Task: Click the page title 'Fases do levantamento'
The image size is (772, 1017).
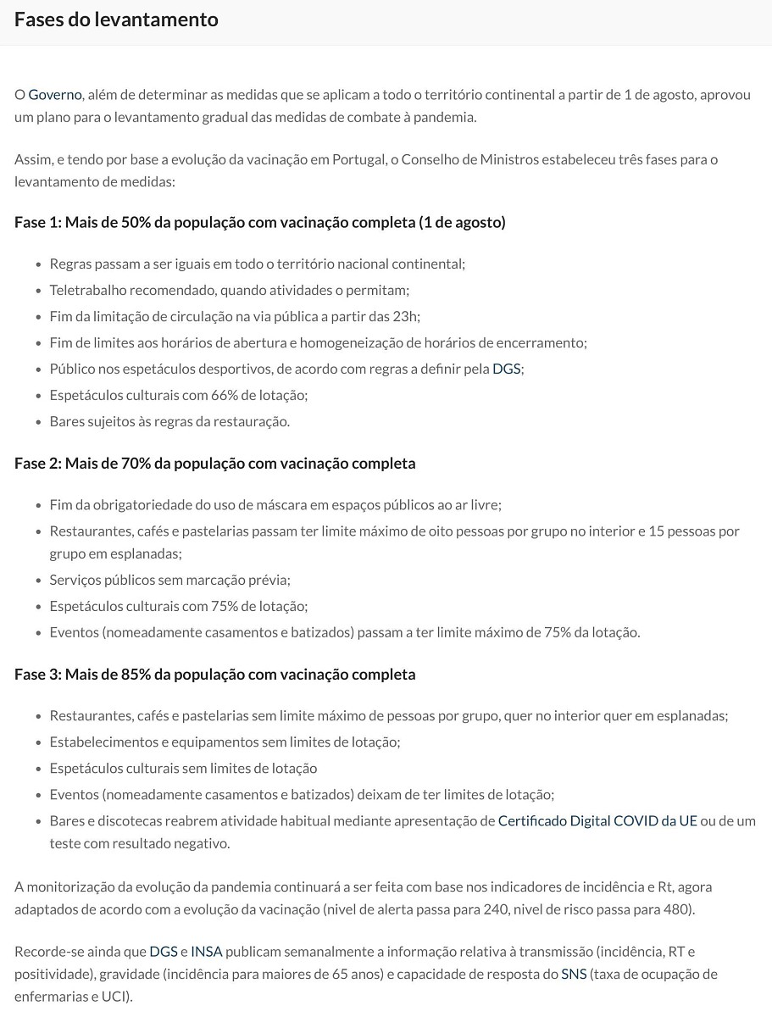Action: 116,19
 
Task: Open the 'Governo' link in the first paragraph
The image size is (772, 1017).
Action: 55,94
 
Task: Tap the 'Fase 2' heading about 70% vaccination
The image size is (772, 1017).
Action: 214,463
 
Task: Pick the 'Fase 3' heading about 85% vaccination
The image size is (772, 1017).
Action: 214,674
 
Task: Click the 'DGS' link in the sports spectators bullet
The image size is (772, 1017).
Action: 507,369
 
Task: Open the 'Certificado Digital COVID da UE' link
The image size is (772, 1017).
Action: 597,820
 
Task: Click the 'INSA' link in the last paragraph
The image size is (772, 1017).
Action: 207,951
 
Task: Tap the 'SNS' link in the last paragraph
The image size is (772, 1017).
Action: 574,974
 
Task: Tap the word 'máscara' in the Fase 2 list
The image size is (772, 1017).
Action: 290,504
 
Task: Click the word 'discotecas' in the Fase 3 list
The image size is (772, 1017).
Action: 131,820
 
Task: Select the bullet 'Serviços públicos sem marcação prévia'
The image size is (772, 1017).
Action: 169,580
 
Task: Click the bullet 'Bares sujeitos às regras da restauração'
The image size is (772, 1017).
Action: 169,421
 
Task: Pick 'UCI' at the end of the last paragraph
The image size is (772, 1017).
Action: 115,997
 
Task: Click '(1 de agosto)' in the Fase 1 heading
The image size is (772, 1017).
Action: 462,222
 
